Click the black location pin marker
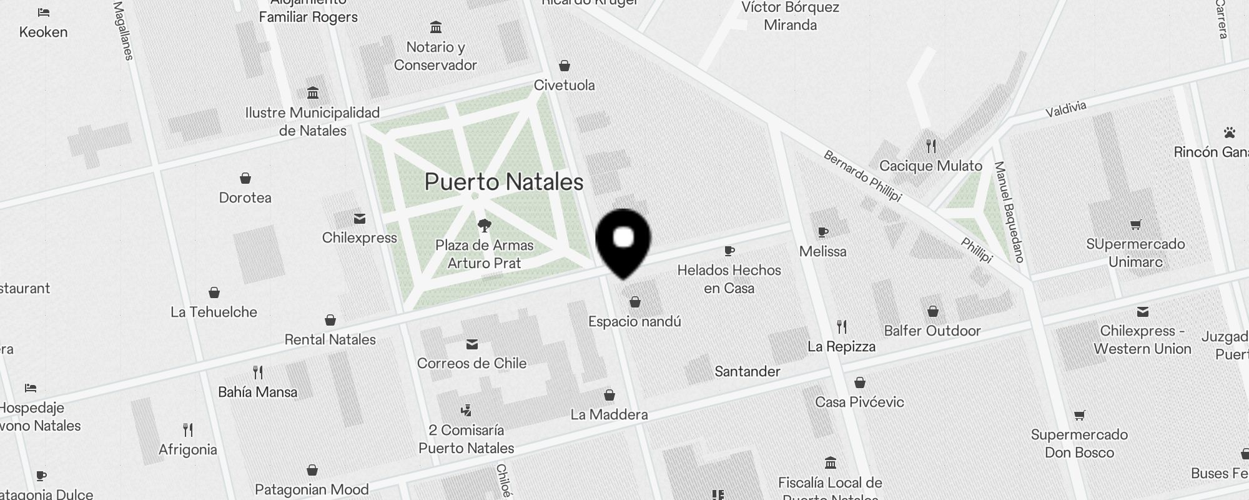tap(623, 241)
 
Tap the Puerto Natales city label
tap(503, 182)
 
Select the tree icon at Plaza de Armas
tap(484, 225)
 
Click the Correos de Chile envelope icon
tap(472, 344)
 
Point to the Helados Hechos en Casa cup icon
tap(729, 251)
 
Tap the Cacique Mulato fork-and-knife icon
tap(931, 146)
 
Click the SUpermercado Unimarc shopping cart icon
tap(1135, 225)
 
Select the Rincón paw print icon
tap(1230, 132)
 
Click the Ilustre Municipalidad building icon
tap(313, 93)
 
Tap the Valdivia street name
tap(1066, 109)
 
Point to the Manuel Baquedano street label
tap(1009, 211)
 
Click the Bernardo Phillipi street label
tap(862, 176)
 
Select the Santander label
tap(747, 371)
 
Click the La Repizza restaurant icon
tap(842, 326)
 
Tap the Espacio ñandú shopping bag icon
tap(635, 302)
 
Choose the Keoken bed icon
tap(43, 12)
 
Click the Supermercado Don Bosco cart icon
tap(1079, 416)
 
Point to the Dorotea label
tap(245, 197)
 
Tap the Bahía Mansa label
tap(257, 392)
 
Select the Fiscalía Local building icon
tap(831, 463)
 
